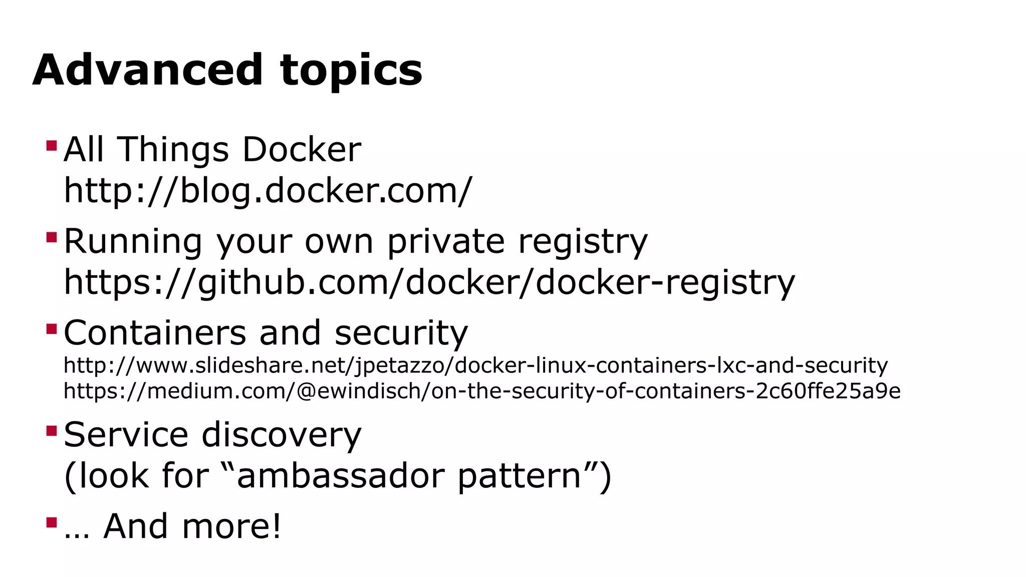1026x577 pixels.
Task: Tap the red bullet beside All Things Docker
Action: click(51, 146)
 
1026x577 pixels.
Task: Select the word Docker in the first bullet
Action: click(301, 150)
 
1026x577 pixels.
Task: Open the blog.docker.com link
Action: click(268, 191)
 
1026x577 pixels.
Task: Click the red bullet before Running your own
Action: click(51, 237)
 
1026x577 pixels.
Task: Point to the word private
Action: click(446, 242)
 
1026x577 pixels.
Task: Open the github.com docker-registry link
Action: click(429, 282)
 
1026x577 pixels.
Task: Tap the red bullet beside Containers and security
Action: click(51, 329)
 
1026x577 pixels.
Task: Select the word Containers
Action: click(155, 333)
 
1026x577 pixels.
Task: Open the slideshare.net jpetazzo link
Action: click(475, 366)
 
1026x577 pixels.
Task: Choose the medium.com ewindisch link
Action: click(482, 391)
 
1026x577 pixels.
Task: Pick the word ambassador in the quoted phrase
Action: click(340, 476)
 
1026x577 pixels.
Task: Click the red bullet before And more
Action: click(51, 522)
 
